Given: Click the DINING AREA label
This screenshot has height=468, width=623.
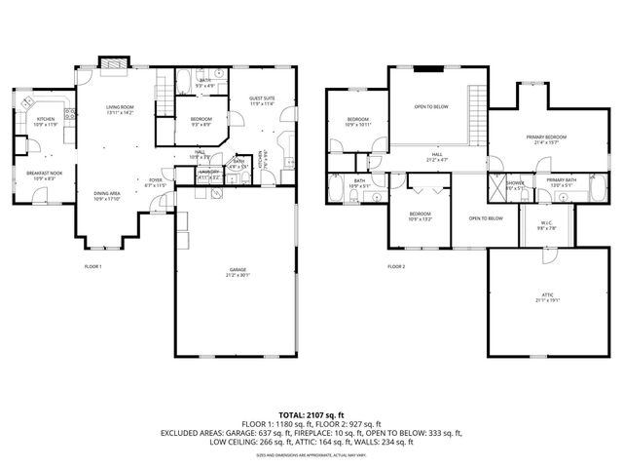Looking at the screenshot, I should point(107,195).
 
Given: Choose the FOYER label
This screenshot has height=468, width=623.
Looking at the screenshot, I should point(155,180).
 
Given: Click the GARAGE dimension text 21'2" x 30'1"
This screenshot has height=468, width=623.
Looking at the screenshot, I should point(238,275).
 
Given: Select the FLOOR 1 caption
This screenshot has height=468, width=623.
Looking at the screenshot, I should point(93,265).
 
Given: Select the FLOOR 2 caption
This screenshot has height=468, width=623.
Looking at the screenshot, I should point(396,265).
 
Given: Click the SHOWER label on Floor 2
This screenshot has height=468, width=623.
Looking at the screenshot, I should point(515,181).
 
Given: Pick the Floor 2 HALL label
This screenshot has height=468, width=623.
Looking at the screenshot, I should point(438,155).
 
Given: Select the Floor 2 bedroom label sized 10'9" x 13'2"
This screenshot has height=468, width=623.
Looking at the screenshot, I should point(420,215).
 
